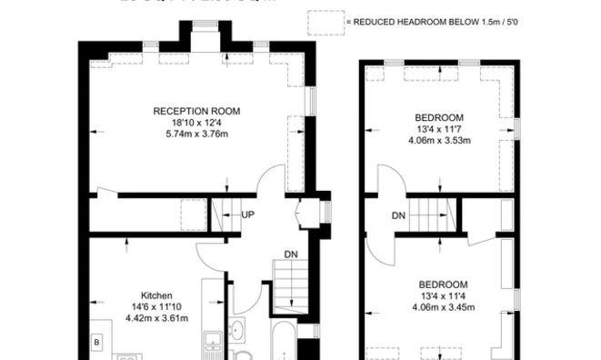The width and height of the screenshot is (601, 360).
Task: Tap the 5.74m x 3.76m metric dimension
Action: tap(196, 134)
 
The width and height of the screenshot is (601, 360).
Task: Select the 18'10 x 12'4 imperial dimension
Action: tap(196, 122)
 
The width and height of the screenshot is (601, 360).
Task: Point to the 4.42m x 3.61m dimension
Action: tap(156, 318)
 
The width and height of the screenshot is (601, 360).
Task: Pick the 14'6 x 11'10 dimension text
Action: tap(156, 306)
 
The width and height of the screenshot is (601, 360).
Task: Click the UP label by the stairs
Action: tap(248, 215)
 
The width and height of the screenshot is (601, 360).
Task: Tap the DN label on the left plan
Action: tap(290, 254)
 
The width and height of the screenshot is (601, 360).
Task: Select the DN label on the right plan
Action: tap(398, 215)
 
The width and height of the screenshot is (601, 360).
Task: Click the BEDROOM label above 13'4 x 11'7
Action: tap(439, 117)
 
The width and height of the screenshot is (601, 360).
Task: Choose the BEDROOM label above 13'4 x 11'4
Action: tap(443, 283)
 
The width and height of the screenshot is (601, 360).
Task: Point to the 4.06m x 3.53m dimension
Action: tap(439, 141)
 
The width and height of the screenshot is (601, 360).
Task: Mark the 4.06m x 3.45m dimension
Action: tap(443, 306)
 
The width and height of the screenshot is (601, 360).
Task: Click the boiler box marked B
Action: tap(95, 342)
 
